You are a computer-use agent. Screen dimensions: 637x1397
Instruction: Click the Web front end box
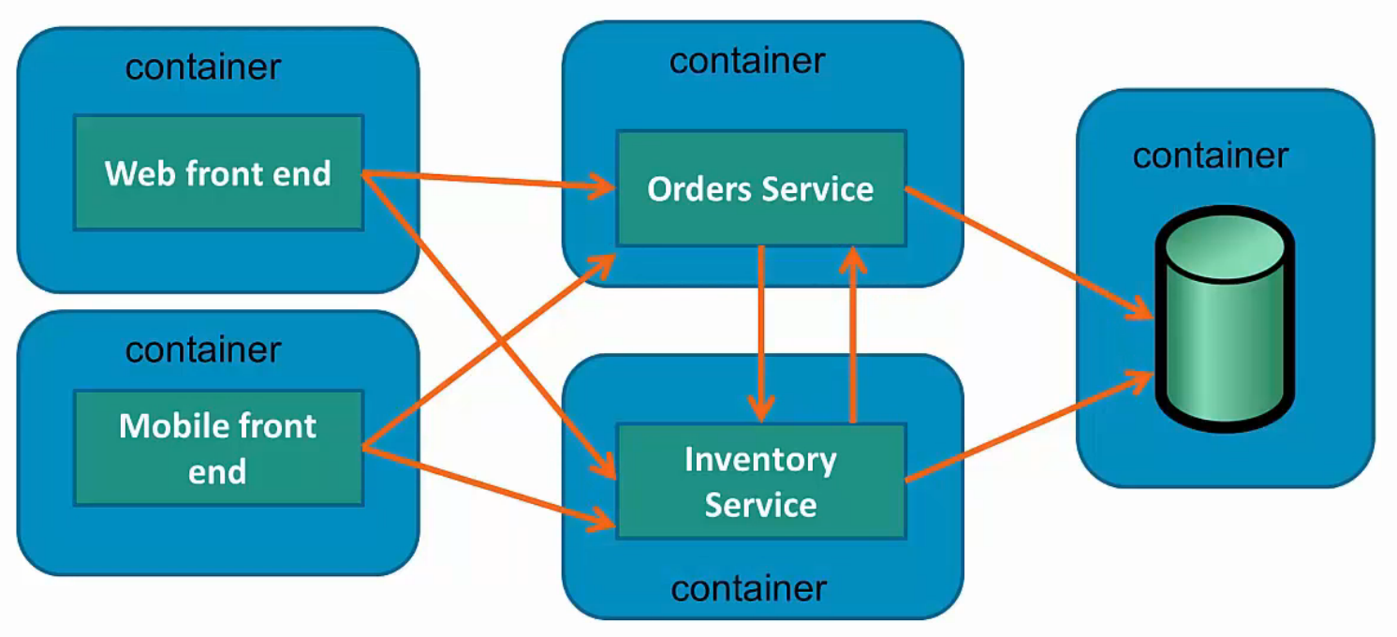[218, 172]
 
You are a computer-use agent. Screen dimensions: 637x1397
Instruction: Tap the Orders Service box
[760, 188]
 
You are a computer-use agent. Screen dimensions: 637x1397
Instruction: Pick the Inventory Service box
[760, 481]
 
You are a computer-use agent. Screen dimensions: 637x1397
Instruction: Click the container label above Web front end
[203, 67]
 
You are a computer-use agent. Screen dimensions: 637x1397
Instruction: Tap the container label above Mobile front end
[203, 349]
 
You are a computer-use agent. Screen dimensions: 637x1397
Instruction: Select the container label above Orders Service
[747, 61]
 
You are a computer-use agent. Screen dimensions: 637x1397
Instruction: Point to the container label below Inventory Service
[749, 589]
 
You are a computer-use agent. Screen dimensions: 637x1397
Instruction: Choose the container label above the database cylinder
[1211, 155]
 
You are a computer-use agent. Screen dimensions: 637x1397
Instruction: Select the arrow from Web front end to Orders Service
[487, 181]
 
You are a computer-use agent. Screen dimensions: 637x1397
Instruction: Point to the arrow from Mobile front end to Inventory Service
[487, 488]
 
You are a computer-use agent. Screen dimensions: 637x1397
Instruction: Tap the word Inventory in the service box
[760, 460]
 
